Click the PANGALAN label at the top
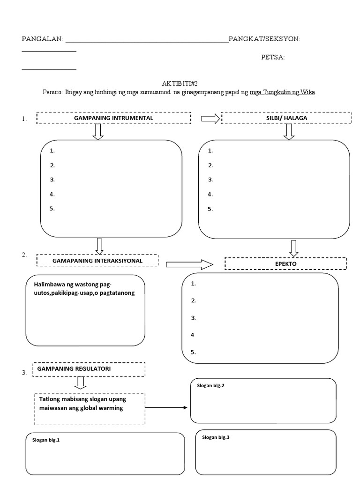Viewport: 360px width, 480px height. pyautogui.click(x=42, y=39)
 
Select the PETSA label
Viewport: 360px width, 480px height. pyautogui.click(x=272, y=58)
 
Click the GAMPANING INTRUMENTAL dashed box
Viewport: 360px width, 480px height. pyautogui.click(x=113, y=118)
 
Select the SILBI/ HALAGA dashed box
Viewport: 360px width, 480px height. pyautogui.click(x=286, y=118)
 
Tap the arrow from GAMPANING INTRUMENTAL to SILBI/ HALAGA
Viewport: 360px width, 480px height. pyautogui.click(x=210, y=119)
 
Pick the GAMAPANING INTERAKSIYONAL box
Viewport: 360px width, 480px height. pyautogui.click(x=97, y=260)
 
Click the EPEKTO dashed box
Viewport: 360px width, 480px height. pyautogui.click(x=285, y=264)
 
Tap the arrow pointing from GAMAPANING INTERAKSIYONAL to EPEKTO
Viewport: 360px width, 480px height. pyautogui.click(x=189, y=265)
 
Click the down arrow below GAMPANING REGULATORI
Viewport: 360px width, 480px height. pyautogui.click(x=81, y=382)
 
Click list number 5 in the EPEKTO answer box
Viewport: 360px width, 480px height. pyautogui.click(x=193, y=352)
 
